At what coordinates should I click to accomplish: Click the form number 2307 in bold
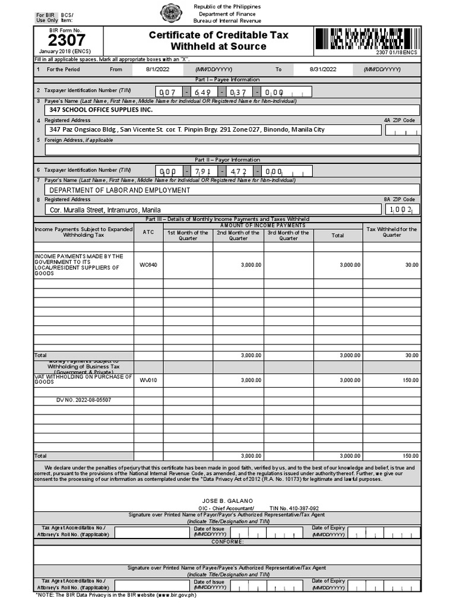pos(66,40)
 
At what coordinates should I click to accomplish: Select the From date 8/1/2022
pos(157,69)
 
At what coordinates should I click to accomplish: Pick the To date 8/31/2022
pos(323,69)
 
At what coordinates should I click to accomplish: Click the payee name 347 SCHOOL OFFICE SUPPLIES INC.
pos(101,110)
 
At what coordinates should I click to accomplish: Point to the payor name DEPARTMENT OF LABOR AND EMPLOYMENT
pos(120,190)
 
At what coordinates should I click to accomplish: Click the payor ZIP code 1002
pos(401,210)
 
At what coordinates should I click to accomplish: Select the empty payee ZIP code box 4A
pos(402,130)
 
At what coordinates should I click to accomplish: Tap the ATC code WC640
pos(148,265)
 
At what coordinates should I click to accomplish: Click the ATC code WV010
pos(148,380)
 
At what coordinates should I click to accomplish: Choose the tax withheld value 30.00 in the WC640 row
pos(411,265)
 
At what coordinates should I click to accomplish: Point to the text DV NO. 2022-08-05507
pos(84,400)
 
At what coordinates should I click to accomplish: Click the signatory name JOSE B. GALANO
pos(227,501)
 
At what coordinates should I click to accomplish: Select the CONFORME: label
pos(227,541)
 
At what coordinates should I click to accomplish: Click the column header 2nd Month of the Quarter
pos(238,235)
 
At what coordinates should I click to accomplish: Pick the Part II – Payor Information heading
pos(227,160)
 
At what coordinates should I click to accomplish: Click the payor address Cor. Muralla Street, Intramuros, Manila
pos(105,210)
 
